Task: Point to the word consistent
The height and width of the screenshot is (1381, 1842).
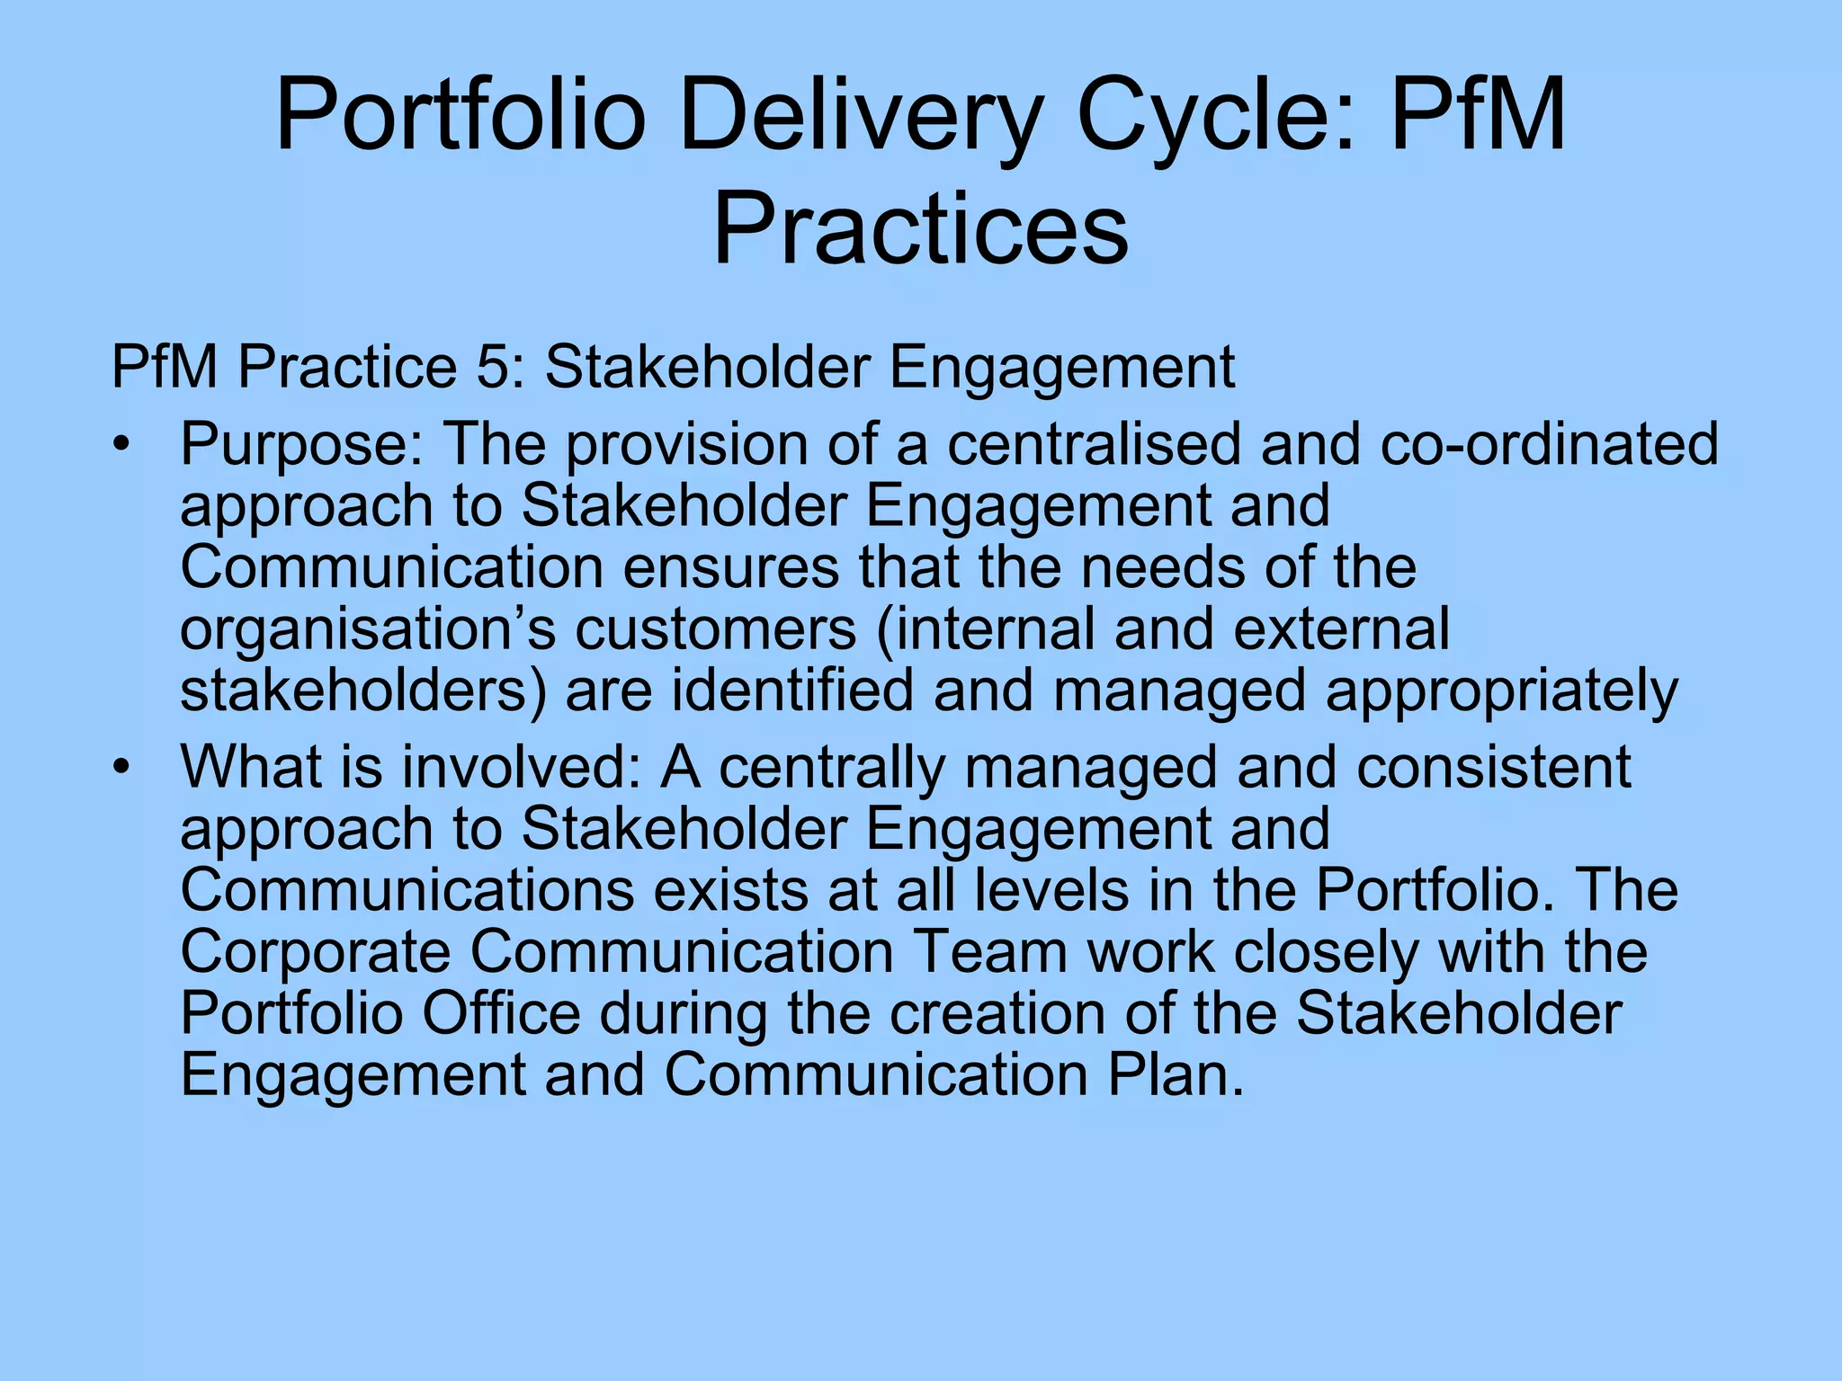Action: pos(1493,767)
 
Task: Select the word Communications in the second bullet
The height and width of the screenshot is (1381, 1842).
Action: pos(407,890)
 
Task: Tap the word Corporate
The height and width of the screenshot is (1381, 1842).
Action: pos(315,951)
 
